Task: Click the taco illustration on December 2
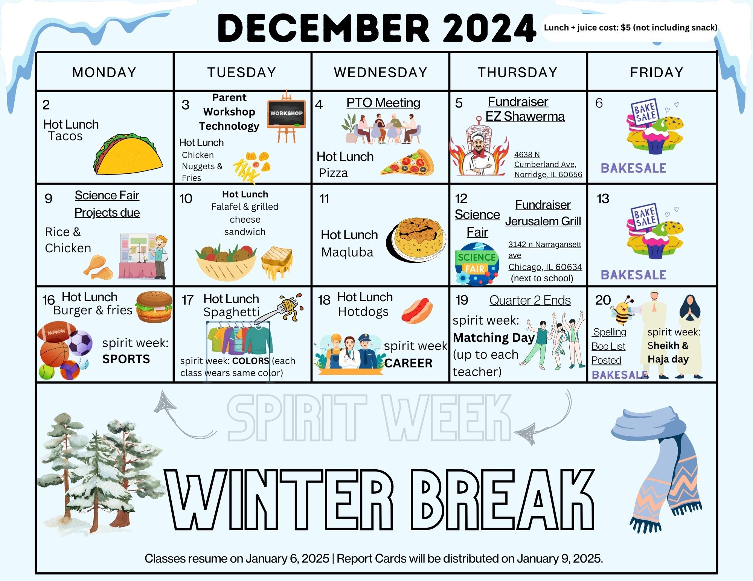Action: coord(128,154)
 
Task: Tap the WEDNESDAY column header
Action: coord(380,72)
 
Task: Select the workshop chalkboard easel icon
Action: coord(287,117)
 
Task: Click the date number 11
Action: coord(324,199)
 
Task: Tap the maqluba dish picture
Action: coord(416,239)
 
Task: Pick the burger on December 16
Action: coord(154,307)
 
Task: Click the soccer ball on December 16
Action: coord(79,343)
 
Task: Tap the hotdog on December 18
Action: coord(417,311)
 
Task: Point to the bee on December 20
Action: coord(623,310)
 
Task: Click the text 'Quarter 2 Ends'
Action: coord(530,300)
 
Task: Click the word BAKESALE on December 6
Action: coord(633,168)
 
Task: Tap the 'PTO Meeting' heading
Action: coord(383,103)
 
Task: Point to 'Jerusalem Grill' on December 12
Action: coord(543,221)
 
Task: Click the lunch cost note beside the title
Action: coord(631,27)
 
